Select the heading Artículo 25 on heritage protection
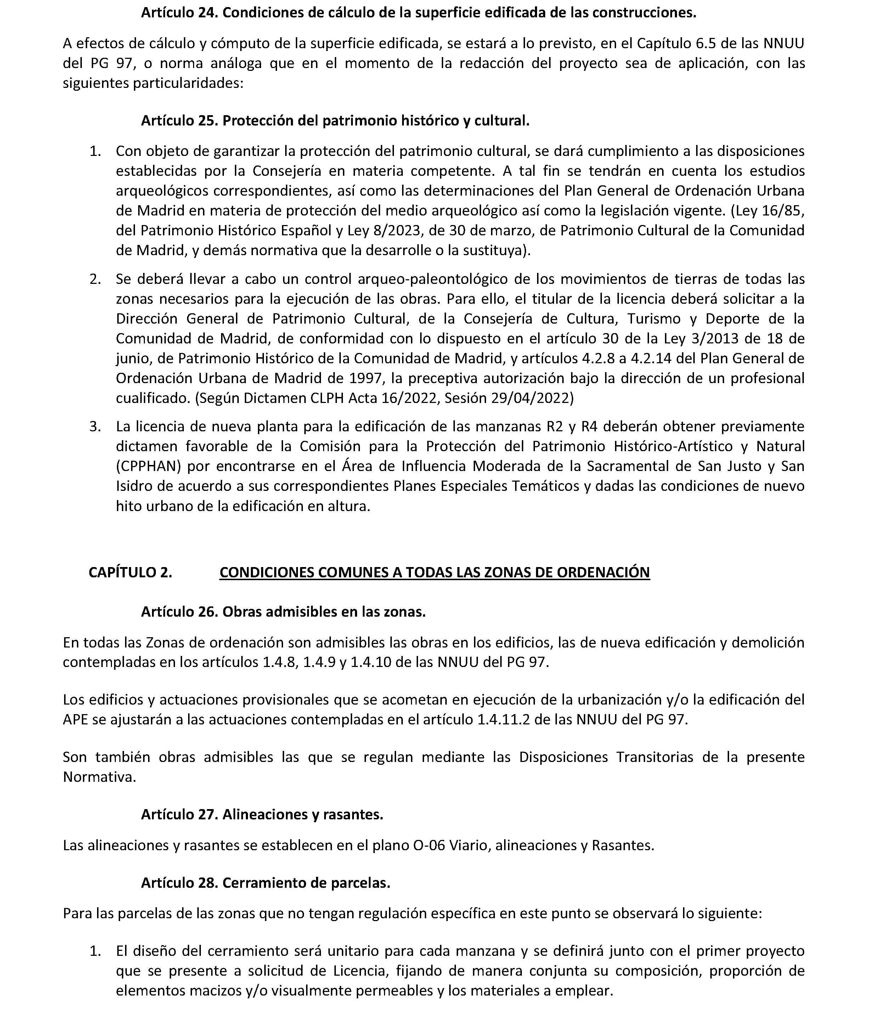click(x=335, y=121)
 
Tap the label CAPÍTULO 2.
click(x=130, y=572)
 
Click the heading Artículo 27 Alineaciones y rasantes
click(x=262, y=814)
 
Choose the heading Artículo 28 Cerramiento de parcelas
click(x=265, y=883)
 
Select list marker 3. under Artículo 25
click(x=95, y=426)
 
